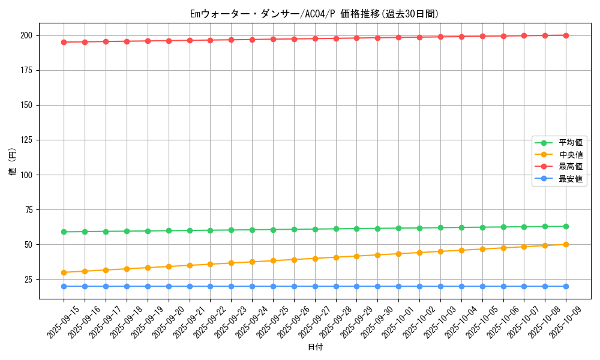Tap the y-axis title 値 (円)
tap(13, 162)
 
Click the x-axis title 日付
tap(315, 347)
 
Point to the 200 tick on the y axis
tap(27, 35)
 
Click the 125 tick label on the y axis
tap(27, 140)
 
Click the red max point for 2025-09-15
tap(64, 42)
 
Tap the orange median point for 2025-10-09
tap(566, 244)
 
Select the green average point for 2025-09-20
tap(169, 230)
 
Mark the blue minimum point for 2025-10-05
tap(482, 286)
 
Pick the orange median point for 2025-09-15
tap(64, 272)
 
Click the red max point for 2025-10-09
tap(566, 35)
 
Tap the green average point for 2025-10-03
tap(440, 227)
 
